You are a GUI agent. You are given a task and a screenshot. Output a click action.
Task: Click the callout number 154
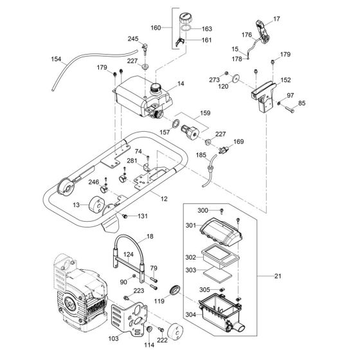57,59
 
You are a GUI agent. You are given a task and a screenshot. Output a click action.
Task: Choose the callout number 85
301,103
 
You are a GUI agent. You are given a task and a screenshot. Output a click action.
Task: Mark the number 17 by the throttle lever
278,20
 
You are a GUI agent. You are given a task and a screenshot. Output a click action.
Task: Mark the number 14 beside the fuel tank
181,84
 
